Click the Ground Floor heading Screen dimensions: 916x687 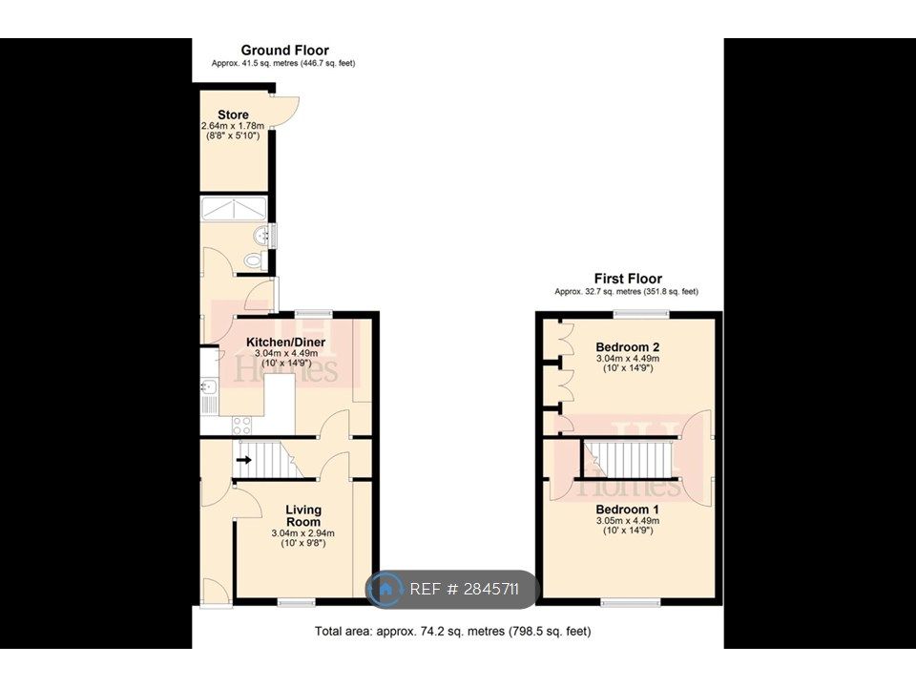point(285,51)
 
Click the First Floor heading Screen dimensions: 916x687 point(628,279)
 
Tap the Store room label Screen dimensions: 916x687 point(233,114)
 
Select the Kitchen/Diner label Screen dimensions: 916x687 point(285,343)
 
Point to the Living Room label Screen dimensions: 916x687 point(303,516)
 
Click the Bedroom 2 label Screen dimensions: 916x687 point(628,347)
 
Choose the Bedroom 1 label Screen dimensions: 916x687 point(628,510)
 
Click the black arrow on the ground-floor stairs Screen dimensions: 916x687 point(244,460)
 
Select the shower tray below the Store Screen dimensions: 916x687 point(234,209)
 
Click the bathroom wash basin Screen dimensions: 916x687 point(262,236)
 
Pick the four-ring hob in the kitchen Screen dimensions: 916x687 point(241,426)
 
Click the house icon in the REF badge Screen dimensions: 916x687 point(385,589)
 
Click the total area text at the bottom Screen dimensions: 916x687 point(452,632)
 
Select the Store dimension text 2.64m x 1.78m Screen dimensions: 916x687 point(233,126)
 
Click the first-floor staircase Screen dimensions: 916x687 point(629,459)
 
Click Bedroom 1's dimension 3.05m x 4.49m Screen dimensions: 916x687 point(628,521)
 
